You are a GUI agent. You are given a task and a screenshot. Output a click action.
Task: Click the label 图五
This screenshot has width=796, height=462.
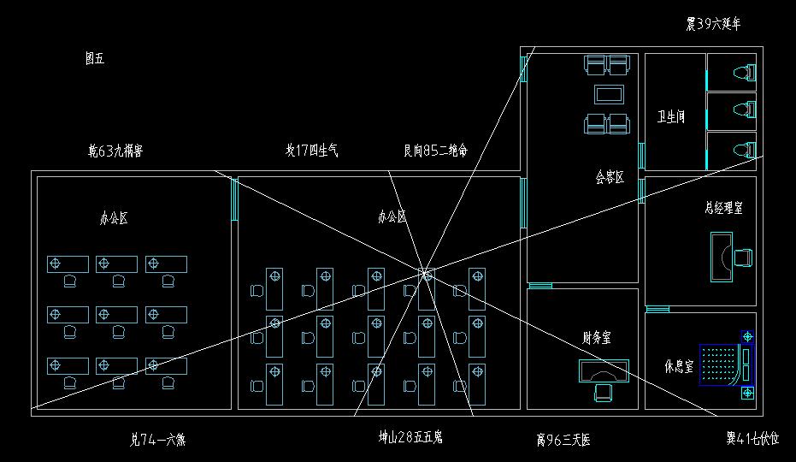tap(94, 58)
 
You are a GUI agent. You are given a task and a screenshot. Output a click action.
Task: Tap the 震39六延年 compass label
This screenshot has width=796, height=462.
tap(713, 24)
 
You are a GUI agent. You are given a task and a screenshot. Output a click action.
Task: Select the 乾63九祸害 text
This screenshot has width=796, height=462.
tap(115, 151)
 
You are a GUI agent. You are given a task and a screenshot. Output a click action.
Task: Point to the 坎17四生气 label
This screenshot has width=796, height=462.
tap(311, 151)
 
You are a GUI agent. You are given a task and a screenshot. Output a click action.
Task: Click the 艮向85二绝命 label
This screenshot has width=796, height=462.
tap(435, 151)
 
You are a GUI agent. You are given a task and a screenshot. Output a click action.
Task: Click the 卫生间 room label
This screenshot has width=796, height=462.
tap(670, 116)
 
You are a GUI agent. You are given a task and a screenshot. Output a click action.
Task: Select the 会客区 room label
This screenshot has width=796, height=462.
tap(610, 178)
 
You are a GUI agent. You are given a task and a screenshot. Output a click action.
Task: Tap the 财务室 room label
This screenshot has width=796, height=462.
tap(596, 339)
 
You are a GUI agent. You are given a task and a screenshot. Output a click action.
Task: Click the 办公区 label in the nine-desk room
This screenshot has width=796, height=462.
tap(114, 218)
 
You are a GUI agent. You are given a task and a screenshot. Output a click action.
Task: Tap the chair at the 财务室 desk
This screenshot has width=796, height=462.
tap(604, 391)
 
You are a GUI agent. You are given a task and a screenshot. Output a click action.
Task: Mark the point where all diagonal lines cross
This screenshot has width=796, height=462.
tap(425, 274)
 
